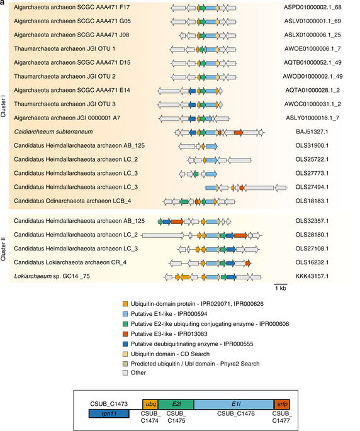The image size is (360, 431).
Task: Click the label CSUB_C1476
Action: tap(233, 413)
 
